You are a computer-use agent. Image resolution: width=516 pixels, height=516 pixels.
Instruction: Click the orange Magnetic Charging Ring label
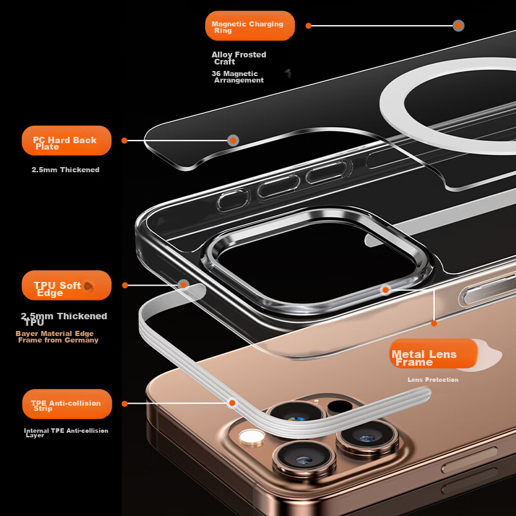pyautogui.click(x=250, y=26)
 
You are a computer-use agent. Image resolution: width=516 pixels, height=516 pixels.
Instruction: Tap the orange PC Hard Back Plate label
pyautogui.click(x=66, y=141)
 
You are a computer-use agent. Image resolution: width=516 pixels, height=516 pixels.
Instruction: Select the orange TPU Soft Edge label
pyautogui.click(x=66, y=285)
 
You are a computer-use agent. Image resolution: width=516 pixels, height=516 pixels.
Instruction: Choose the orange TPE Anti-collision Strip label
pyautogui.click(x=67, y=404)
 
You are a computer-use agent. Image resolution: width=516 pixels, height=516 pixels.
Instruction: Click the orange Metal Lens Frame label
pyautogui.click(x=433, y=353)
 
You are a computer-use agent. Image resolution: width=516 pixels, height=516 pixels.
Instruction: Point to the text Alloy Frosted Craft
pyautogui.click(x=239, y=58)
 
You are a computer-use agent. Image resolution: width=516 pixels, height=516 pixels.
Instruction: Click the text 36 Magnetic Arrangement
pyautogui.click(x=237, y=77)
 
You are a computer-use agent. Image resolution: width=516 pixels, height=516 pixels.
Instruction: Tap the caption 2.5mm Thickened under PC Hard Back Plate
pyautogui.click(x=66, y=170)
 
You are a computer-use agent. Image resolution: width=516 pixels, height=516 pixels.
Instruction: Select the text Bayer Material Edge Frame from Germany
pyautogui.click(x=57, y=337)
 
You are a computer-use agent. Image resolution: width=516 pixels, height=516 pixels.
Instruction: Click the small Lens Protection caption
pyautogui.click(x=433, y=379)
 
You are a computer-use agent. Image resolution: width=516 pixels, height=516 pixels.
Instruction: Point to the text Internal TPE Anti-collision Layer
pyautogui.click(x=66, y=432)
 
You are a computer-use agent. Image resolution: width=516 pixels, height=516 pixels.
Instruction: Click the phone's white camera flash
pyautogui.click(x=252, y=437)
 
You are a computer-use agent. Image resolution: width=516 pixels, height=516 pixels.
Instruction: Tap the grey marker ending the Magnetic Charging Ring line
pyautogui.click(x=459, y=26)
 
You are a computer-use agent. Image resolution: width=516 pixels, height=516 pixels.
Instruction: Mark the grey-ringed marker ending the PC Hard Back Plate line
pyautogui.click(x=233, y=141)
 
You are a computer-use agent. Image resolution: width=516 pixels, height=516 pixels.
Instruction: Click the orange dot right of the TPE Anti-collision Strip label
pyautogui.click(x=124, y=404)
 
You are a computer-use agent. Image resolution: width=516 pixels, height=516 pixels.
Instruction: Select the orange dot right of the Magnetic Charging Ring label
pyautogui.click(x=308, y=26)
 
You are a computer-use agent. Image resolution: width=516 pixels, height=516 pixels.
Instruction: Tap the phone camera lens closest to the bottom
pyautogui.click(x=304, y=459)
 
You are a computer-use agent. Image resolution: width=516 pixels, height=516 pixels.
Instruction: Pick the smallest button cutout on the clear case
pyautogui.click(x=232, y=200)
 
